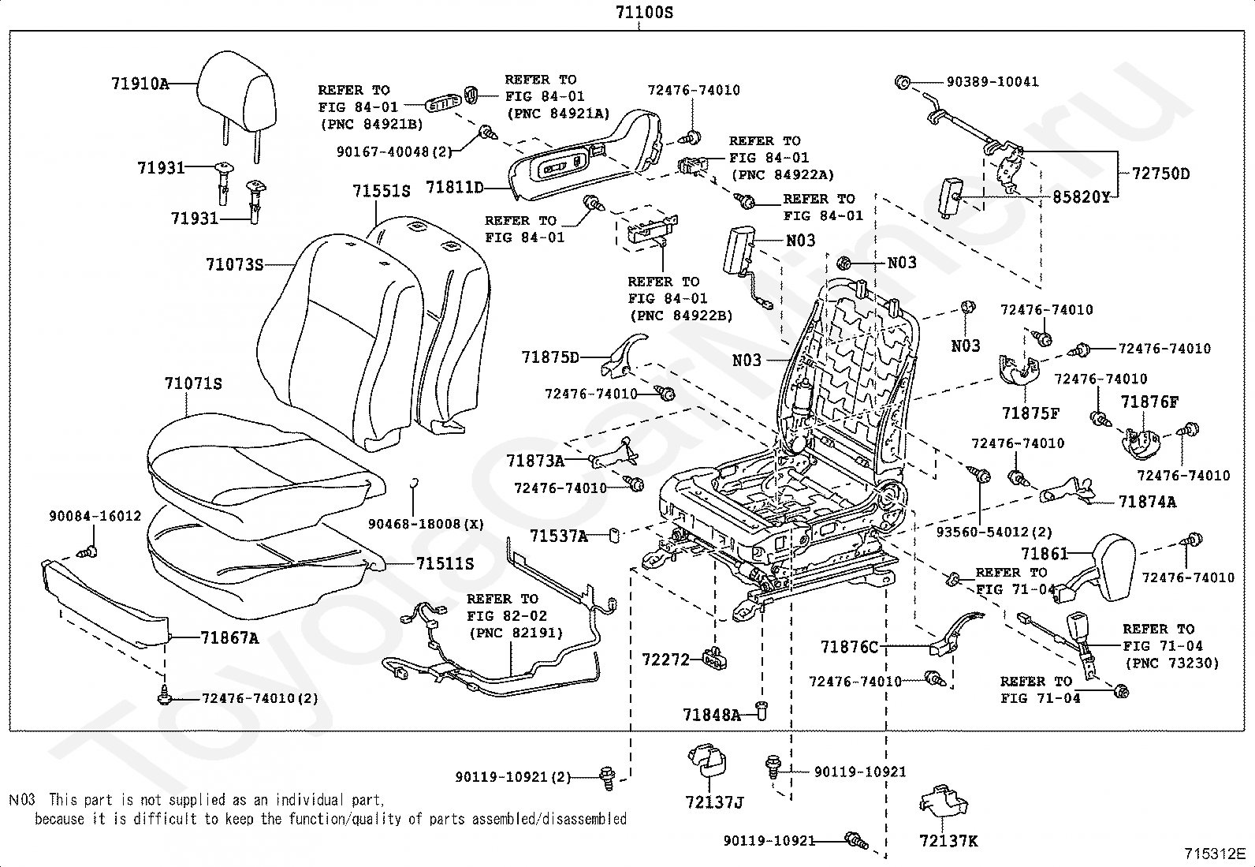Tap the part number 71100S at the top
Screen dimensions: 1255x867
coord(644,13)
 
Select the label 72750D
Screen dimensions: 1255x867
coord(1160,174)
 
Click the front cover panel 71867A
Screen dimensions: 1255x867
coord(106,602)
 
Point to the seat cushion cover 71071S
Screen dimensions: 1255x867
coord(263,470)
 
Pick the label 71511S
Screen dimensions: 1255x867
coord(445,563)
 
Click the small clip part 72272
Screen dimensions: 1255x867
coord(715,659)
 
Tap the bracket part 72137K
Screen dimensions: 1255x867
coord(944,802)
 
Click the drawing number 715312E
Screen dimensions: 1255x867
coord(1215,854)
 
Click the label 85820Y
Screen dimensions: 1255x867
coord(1081,197)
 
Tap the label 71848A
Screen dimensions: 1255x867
coord(712,715)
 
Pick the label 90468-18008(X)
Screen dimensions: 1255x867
coord(426,524)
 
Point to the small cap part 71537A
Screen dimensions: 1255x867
coord(614,536)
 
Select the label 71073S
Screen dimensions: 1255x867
coord(234,264)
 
